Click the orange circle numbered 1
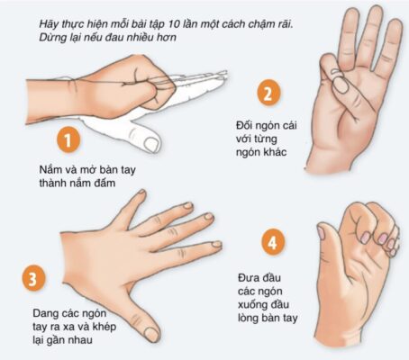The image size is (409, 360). (68, 140)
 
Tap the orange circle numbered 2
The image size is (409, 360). (268, 93)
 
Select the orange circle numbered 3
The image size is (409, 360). (33, 277)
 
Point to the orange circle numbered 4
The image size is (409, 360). (273, 242)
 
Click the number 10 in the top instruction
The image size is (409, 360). (175, 24)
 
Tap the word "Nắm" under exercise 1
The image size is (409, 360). (50, 169)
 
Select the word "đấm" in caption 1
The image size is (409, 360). (105, 183)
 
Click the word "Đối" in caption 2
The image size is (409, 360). (243, 125)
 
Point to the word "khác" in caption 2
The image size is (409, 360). (275, 152)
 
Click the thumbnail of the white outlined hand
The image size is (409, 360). (150, 143)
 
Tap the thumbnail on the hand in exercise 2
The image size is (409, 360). (341, 85)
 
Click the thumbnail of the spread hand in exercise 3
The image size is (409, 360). (151, 334)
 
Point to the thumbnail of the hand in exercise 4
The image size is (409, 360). (321, 233)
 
